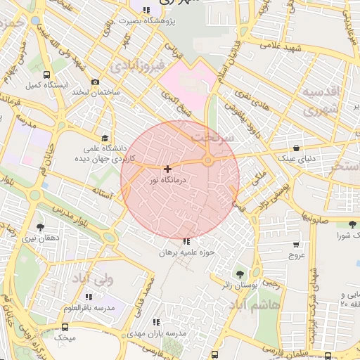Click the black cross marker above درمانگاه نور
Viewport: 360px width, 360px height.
tap(167, 169)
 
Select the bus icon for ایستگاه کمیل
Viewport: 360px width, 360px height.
tap(46, 75)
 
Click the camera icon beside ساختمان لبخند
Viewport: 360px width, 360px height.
tap(96, 82)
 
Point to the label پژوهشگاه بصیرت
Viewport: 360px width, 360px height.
tap(146, 21)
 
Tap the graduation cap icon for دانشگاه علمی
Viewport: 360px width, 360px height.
tap(105, 138)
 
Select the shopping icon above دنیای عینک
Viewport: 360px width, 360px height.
tap(296, 148)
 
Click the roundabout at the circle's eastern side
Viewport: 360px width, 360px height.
tap(208, 162)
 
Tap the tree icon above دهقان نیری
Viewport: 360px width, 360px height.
tap(39, 227)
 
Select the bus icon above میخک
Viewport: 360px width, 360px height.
tap(65, 327)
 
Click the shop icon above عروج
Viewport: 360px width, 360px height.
tap(296, 245)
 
